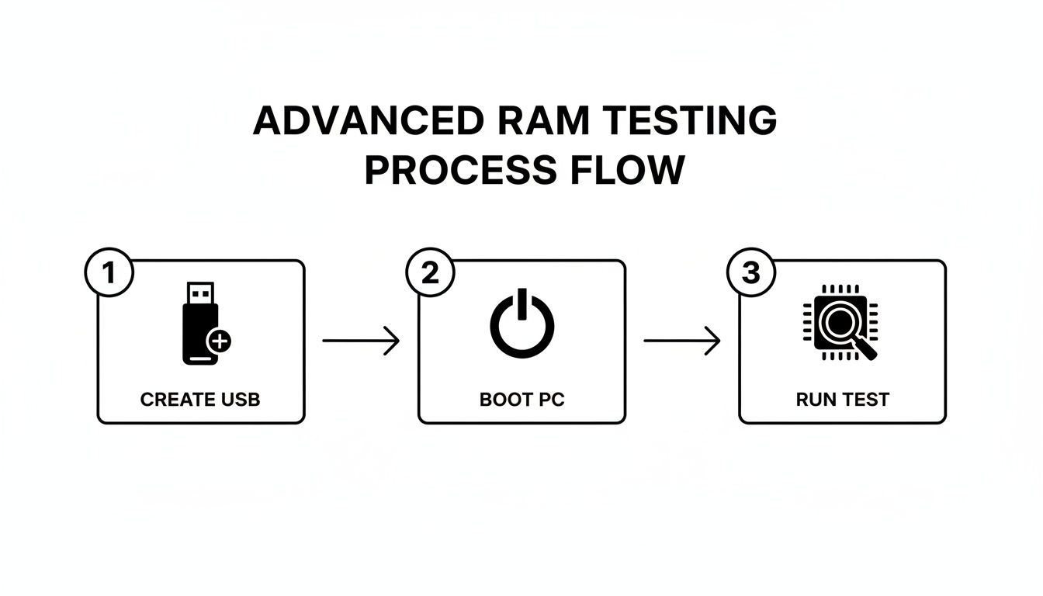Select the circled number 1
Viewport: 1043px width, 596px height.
[109, 274]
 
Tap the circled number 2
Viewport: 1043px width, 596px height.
[430, 274]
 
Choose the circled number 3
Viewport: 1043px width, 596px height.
[750, 274]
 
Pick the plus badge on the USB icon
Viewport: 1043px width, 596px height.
[220, 341]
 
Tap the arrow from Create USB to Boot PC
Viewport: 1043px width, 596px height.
[361, 341]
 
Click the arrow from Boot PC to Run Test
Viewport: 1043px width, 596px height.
[682, 341]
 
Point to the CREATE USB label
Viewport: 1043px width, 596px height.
[200, 400]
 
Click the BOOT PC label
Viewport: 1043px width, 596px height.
[521, 400]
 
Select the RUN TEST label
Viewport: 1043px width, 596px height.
[842, 400]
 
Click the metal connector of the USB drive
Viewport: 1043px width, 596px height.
[200, 293]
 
